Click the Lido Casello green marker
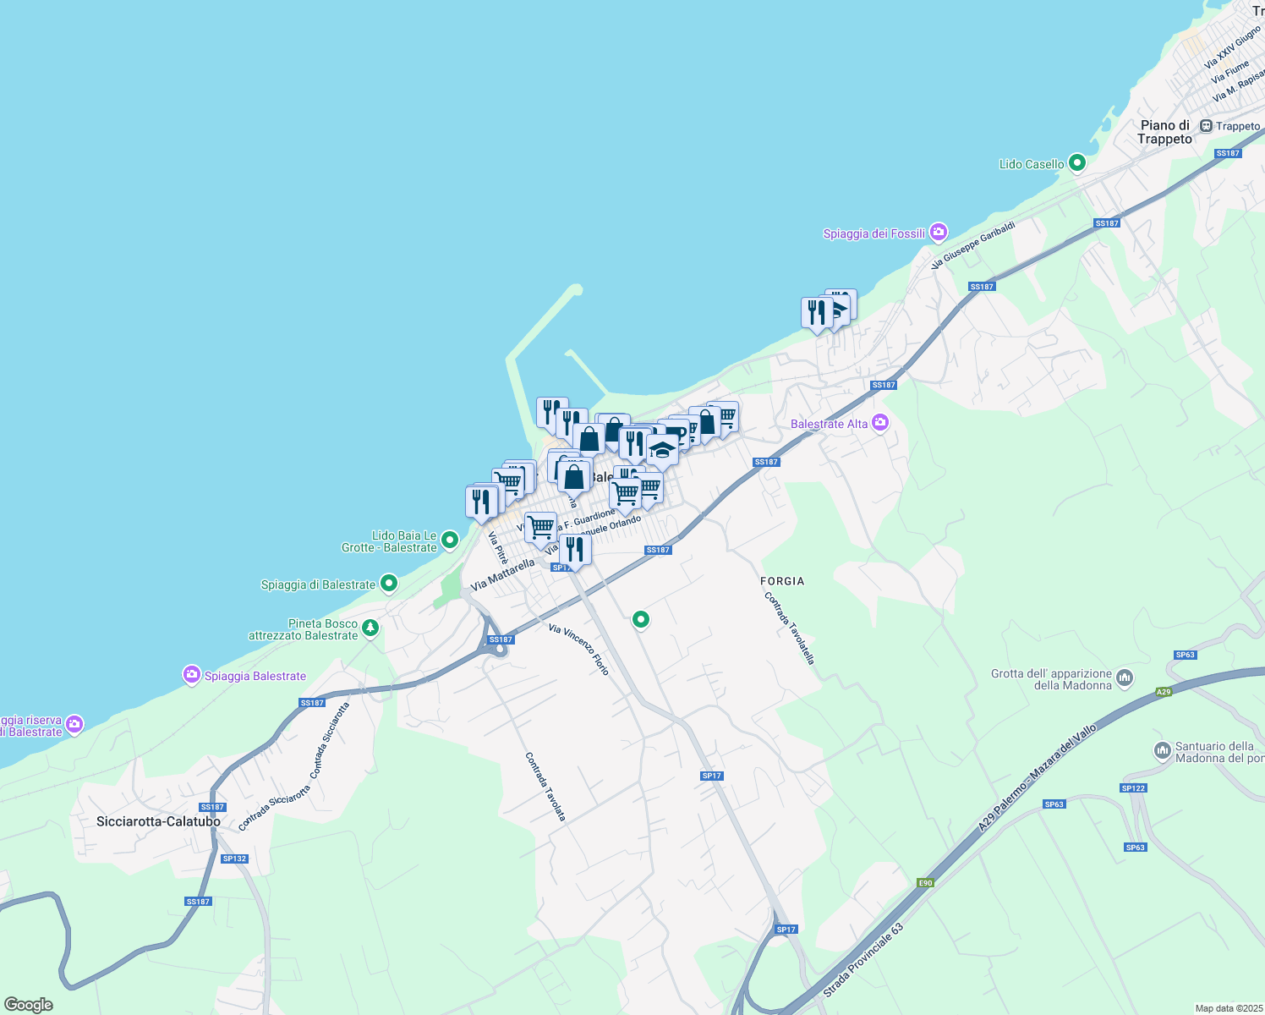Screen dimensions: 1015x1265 (1076, 163)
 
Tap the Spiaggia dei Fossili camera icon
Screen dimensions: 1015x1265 (938, 233)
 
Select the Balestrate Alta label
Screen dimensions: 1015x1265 (829, 424)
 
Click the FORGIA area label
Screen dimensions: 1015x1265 (782, 581)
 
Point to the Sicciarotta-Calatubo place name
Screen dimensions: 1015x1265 (158, 821)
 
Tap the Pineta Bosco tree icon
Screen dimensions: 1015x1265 (370, 628)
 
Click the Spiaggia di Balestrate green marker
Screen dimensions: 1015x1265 (388, 583)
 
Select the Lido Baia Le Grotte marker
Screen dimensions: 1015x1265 (450, 540)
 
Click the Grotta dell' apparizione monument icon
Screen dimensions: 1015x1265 (1125, 678)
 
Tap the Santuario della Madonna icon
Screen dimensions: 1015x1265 (1163, 750)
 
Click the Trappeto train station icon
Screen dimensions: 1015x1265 (1207, 126)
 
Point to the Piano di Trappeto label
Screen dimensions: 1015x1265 (1164, 132)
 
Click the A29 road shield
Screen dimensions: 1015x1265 (1164, 692)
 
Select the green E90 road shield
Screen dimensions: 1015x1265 (926, 883)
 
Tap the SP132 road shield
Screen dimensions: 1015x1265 (234, 859)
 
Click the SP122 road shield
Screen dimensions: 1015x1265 (1133, 788)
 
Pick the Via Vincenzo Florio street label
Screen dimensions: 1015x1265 (578, 649)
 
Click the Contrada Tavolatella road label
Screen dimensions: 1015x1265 (790, 628)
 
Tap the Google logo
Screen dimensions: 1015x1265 (29, 1005)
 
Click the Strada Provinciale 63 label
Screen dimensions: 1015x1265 (862, 960)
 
